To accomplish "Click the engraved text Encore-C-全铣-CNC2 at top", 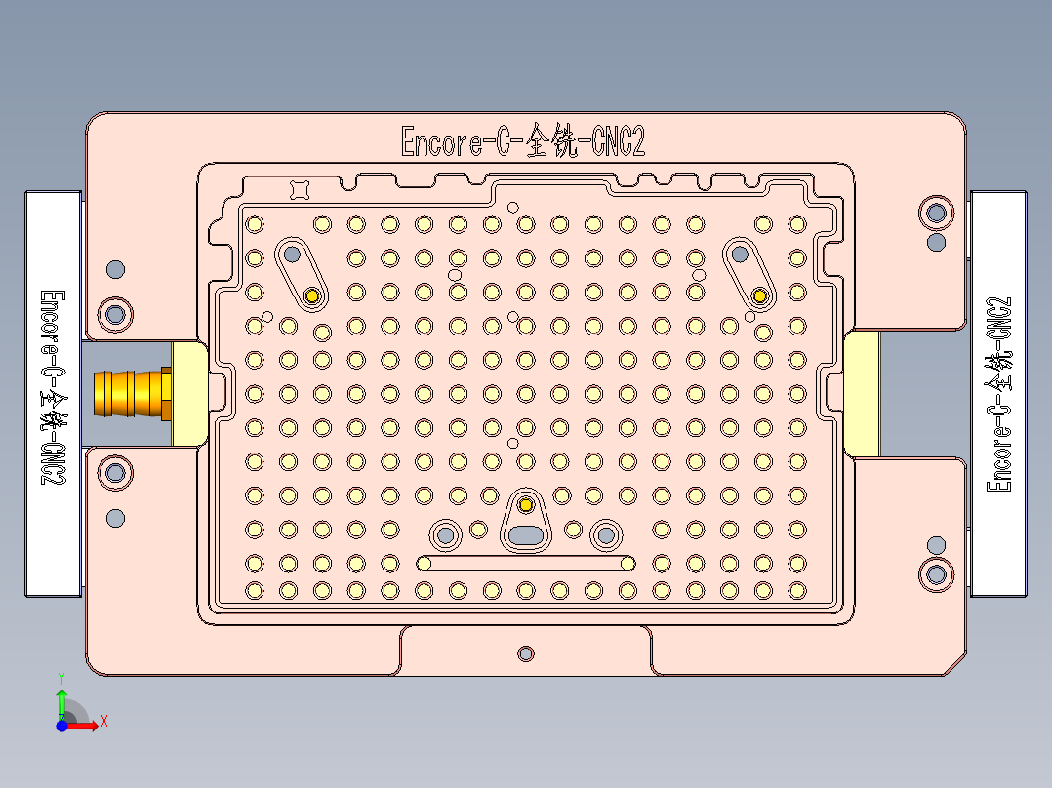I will [x=523, y=142].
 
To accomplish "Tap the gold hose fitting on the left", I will [x=131, y=393].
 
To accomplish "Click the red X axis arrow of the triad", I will [x=90, y=724].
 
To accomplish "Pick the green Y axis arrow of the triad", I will [x=61, y=698].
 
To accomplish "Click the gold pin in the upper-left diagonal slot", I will [x=312, y=295].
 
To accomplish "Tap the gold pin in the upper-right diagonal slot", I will [x=760, y=295].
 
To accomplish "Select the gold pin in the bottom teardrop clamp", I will [x=526, y=504].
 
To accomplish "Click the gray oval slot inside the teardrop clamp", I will [x=526, y=534].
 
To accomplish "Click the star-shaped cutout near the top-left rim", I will [x=301, y=189].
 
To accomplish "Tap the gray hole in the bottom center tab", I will [x=526, y=652].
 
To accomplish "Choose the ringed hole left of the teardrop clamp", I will [x=446, y=534].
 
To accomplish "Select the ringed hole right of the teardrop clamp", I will [x=606, y=534].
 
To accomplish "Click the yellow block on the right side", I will [x=861, y=393].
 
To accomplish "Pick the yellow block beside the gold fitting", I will [x=189, y=393].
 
